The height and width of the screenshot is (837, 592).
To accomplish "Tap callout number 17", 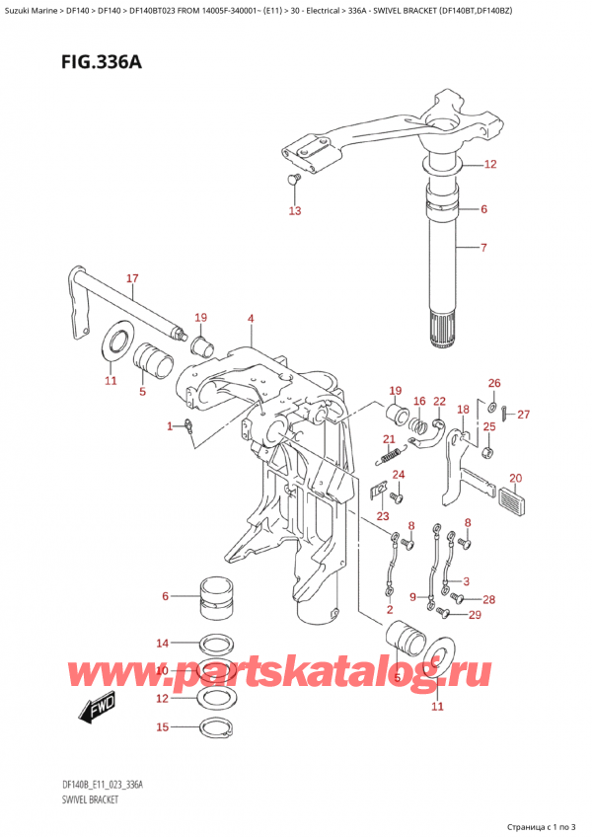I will [x=132, y=279].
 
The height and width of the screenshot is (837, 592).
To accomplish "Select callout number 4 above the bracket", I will [x=251, y=318].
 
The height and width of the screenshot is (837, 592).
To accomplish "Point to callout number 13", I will [x=294, y=211].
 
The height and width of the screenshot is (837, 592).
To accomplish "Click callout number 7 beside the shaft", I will [x=483, y=247].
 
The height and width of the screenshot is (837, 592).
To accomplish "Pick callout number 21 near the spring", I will [x=389, y=439].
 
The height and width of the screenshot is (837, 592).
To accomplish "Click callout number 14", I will [x=162, y=643].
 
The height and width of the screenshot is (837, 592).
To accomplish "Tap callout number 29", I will [x=475, y=616].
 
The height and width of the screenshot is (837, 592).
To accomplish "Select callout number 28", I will [x=488, y=599].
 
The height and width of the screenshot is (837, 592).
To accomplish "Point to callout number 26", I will [x=494, y=383].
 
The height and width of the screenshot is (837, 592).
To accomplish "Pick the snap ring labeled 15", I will [x=217, y=729].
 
